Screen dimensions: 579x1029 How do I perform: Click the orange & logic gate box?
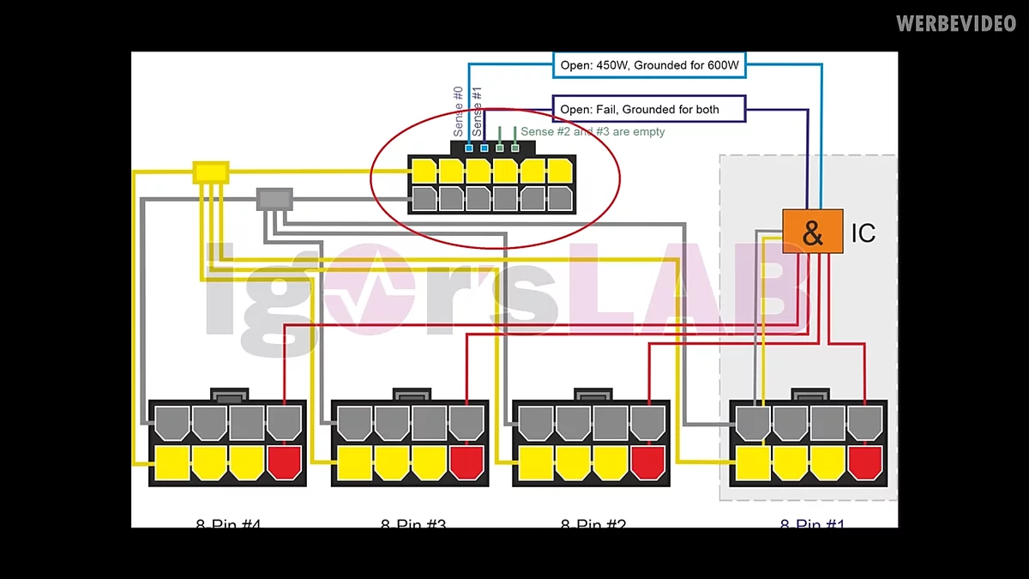[812, 232]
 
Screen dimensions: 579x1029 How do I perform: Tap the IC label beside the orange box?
[863, 232]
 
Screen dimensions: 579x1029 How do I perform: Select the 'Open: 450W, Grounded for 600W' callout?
[649, 64]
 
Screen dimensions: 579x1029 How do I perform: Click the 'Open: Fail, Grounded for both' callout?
[649, 109]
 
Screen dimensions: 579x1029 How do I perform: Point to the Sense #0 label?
[459, 112]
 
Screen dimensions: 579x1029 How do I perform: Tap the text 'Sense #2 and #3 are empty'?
[593, 132]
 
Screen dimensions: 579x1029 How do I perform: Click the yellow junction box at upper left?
[210, 172]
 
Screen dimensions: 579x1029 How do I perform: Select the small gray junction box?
[274, 199]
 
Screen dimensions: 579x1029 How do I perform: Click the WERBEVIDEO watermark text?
[956, 23]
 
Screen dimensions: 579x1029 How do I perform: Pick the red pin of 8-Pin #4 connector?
[285, 462]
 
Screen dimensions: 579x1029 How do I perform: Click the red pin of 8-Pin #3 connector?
[466, 462]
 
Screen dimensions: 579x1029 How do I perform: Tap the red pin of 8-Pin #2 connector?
[647, 462]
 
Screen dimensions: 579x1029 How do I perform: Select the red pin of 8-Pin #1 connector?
[864, 462]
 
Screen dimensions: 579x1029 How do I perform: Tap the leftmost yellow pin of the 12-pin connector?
[424, 171]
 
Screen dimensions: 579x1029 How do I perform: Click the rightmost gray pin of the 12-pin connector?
[559, 199]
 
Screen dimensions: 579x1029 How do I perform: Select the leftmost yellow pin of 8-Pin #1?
[752, 462]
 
